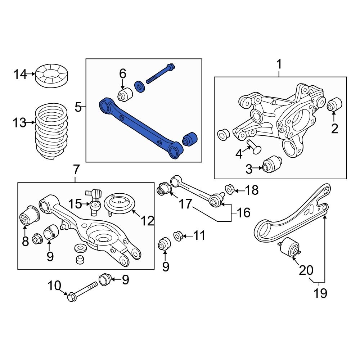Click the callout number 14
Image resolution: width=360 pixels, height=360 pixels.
(x=20, y=75)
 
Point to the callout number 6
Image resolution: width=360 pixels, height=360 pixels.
(x=123, y=74)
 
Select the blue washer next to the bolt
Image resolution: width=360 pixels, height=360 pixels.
(x=139, y=87)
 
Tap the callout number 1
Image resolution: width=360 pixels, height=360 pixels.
(x=279, y=65)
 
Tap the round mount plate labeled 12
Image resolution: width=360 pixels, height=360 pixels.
(x=119, y=204)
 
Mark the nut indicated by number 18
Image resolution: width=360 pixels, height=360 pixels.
(x=229, y=189)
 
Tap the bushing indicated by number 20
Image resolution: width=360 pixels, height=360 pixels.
(x=291, y=247)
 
